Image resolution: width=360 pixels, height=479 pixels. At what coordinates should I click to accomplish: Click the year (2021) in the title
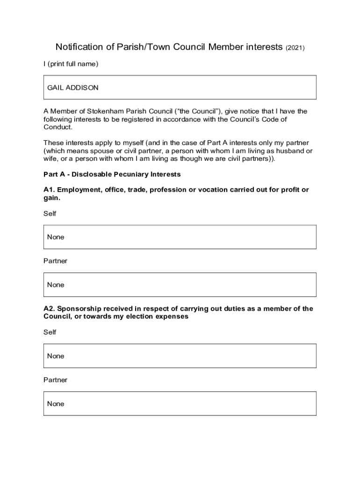point(295,48)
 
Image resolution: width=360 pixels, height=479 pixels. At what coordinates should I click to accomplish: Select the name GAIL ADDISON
point(73,87)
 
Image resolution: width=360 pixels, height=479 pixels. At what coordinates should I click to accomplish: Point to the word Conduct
point(58,127)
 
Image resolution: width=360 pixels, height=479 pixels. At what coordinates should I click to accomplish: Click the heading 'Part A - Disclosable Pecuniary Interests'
point(112,174)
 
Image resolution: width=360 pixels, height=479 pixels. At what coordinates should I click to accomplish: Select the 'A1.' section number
point(50,190)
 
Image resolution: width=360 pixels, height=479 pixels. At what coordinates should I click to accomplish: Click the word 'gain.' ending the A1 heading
point(52,198)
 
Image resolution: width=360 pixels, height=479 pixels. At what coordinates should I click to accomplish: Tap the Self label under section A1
point(50,213)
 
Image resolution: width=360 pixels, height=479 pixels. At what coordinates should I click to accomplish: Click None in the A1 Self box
point(56,237)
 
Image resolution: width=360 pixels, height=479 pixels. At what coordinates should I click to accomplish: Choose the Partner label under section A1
point(56,261)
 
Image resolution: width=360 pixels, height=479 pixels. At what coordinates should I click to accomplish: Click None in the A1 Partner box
point(56,285)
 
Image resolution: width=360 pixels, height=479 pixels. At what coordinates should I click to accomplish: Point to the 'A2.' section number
point(50,309)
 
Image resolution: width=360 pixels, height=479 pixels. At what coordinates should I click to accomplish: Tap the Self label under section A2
point(50,332)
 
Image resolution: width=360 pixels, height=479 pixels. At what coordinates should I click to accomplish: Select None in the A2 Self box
point(56,356)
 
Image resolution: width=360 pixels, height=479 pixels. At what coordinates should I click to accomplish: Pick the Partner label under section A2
point(56,380)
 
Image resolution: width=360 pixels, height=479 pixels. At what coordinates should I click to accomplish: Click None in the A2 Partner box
point(56,404)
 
